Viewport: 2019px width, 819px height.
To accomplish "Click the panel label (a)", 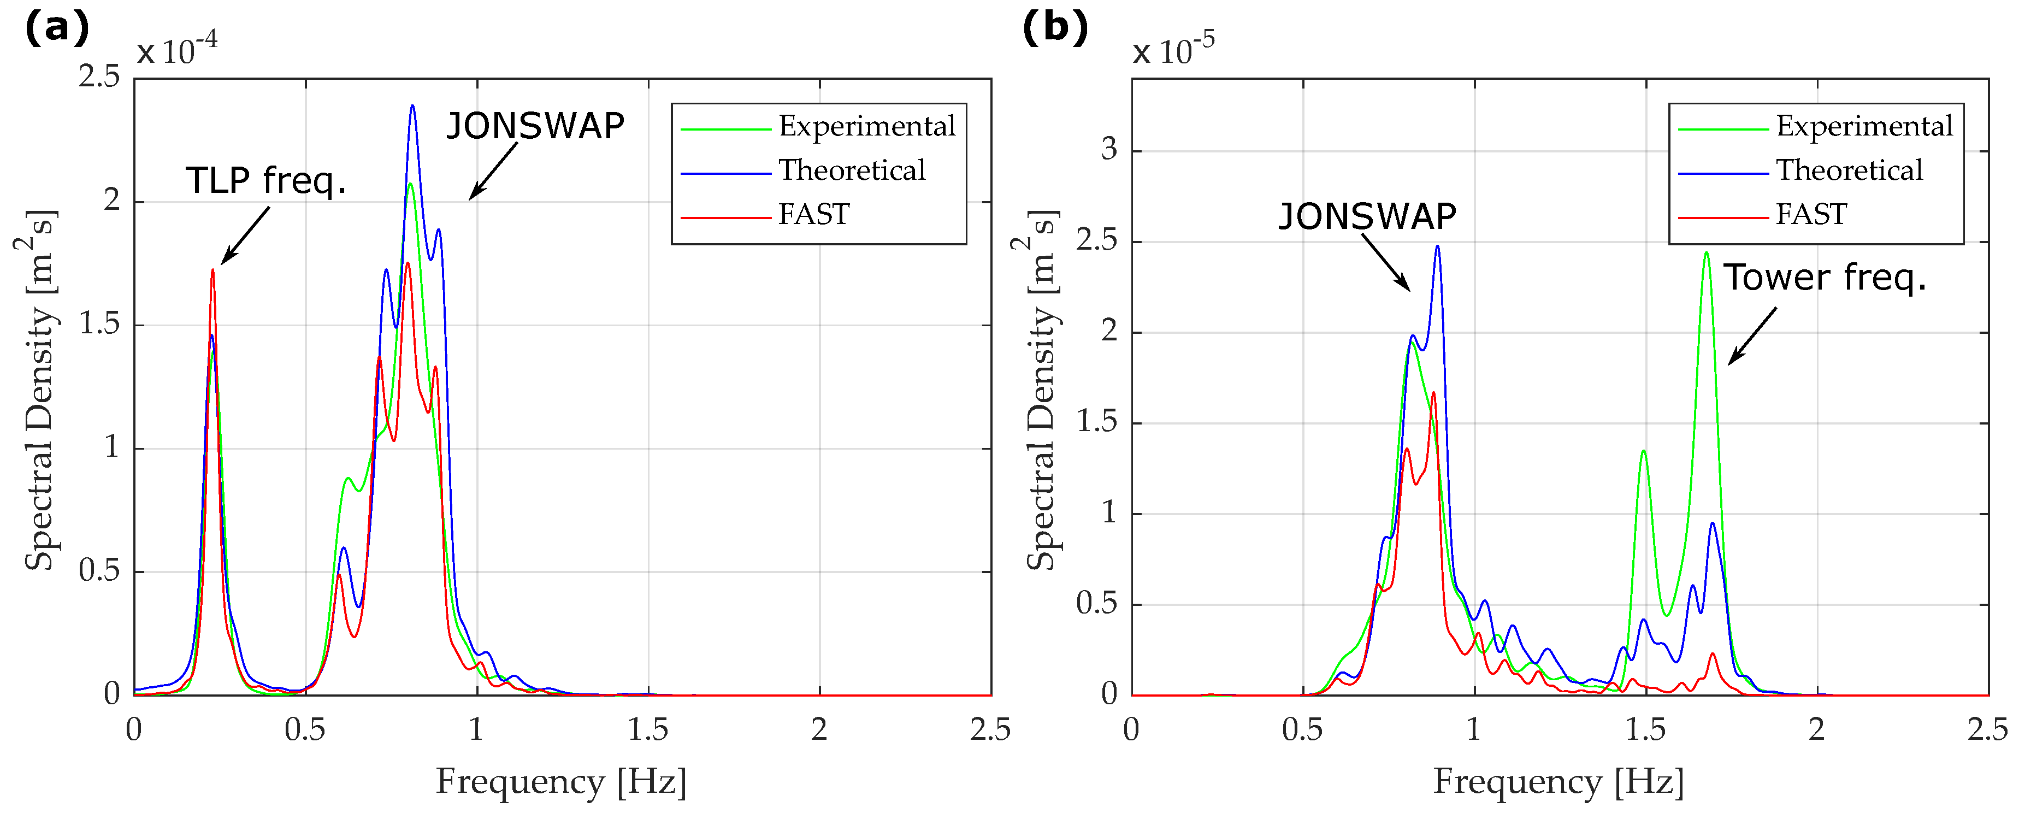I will point(56,28).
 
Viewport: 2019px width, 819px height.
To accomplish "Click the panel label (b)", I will point(1055,28).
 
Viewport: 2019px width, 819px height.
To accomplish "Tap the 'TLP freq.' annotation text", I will point(265,181).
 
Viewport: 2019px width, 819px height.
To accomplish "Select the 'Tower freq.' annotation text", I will point(1824,278).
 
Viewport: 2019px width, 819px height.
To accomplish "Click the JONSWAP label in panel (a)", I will point(535,126).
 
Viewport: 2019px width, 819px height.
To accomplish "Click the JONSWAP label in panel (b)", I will point(1367,216).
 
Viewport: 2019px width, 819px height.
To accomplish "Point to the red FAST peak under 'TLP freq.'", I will point(212,271).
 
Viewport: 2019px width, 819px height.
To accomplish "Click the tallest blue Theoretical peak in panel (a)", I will point(412,107).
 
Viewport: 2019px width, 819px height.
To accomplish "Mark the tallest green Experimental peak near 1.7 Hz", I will point(1707,253).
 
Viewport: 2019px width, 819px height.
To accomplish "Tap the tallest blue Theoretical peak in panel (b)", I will point(1437,247).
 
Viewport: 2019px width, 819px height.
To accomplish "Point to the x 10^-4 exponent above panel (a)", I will point(177,51).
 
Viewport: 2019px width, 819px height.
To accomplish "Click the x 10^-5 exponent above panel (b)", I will point(1173,51).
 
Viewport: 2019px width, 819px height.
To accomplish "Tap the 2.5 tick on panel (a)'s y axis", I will point(99,77).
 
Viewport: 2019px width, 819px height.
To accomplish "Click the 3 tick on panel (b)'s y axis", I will point(1108,149).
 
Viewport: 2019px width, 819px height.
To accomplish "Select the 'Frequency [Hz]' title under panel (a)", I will point(561,781).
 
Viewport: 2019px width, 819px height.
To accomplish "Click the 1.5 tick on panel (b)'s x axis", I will point(1644,729).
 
